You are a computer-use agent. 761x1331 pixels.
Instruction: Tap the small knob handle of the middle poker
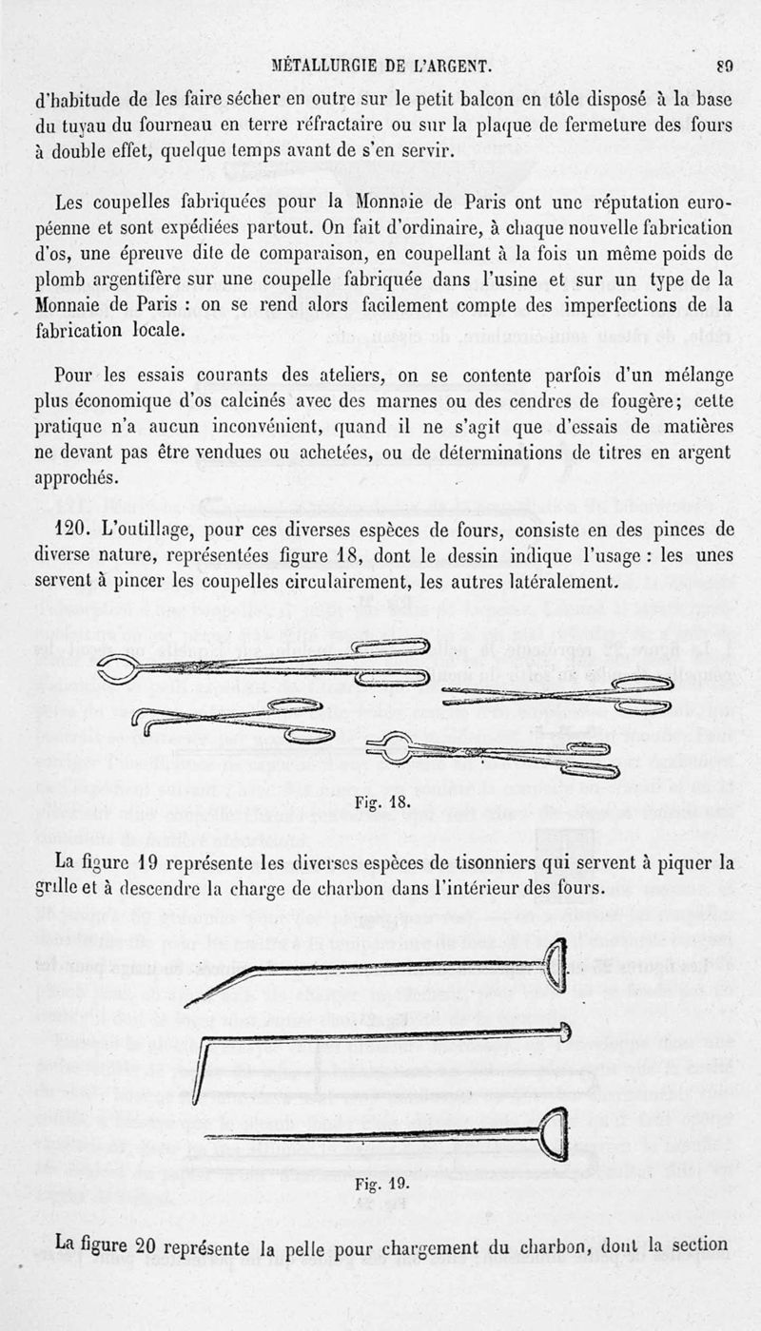tap(565, 1031)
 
